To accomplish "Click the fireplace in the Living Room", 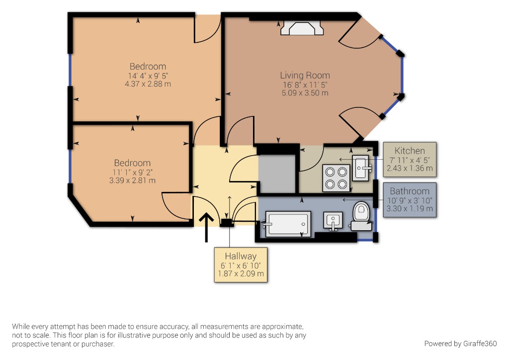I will tap(302, 29).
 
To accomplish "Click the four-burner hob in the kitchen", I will tap(335, 178).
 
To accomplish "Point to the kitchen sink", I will tap(362, 168).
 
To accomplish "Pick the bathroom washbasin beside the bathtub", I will tap(333, 221).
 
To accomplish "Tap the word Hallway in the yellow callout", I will tap(241, 256).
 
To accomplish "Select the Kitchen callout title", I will tap(410, 151).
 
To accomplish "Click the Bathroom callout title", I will tap(410, 191).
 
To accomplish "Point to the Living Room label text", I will tap(305, 76).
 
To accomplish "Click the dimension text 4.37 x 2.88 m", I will tap(148, 84).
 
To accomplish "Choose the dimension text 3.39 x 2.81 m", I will tap(132, 180).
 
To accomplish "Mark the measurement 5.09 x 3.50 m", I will tap(305, 93).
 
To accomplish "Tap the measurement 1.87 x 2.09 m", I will tap(241, 273).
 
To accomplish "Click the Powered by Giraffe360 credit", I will tap(460, 344).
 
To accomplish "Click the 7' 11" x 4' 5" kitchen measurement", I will tap(410, 160).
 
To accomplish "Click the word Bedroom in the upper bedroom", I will tap(148, 66).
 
